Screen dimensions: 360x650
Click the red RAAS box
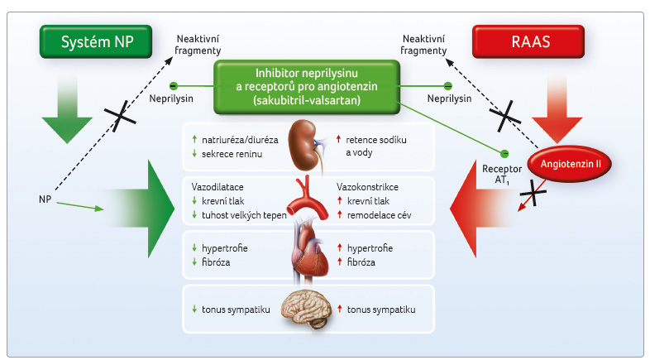[528, 41]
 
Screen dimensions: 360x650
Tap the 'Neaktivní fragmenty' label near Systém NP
[198, 45]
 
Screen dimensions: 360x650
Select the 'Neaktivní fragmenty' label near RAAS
[423, 45]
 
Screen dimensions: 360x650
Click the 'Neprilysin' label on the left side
[172, 97]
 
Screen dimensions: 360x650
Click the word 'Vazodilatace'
[217, 187]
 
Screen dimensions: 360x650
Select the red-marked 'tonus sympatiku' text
[381, 309]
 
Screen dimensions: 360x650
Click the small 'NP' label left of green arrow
[45, 200]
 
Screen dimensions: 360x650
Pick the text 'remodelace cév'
[380, 216]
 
